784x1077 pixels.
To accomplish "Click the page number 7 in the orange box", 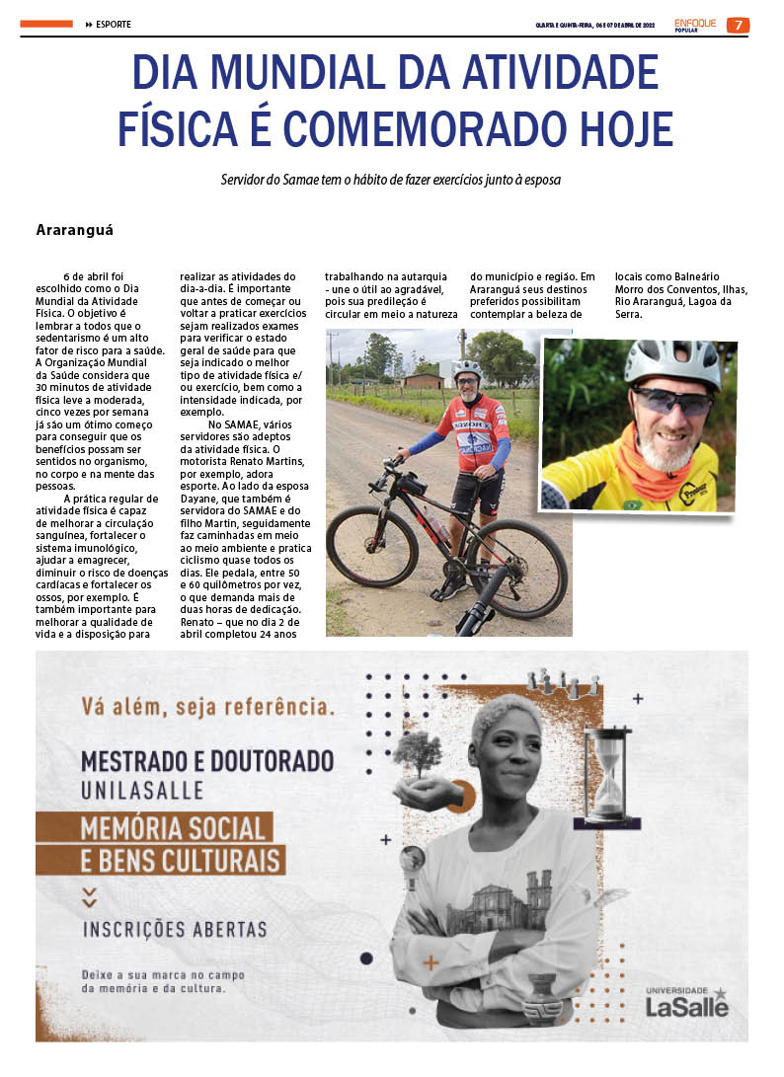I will point(737,25).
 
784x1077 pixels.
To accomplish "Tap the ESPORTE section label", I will point(113,25).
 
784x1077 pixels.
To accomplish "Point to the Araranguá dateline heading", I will point(75,230).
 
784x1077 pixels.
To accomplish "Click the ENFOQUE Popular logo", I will point(695,24).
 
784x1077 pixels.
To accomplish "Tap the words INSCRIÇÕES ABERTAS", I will point(175,929).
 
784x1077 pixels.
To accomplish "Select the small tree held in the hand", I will point(417,753).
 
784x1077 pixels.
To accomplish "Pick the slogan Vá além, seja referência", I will point(207,707).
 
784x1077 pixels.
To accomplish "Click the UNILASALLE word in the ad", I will point(142,790).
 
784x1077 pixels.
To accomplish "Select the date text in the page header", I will point(595,25).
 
